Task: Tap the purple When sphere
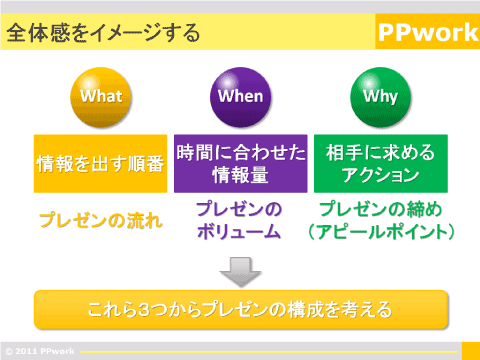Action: pyautogui.click(x=240, y=97)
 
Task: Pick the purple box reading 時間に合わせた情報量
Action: pyautogui.click(x=240, y=163)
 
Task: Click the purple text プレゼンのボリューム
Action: pyautogui.click(x=240, y=221)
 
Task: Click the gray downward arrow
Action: pyautogui.click(x=240, y=270)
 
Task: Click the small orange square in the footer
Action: pyautogui.click(x=470, y=349)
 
